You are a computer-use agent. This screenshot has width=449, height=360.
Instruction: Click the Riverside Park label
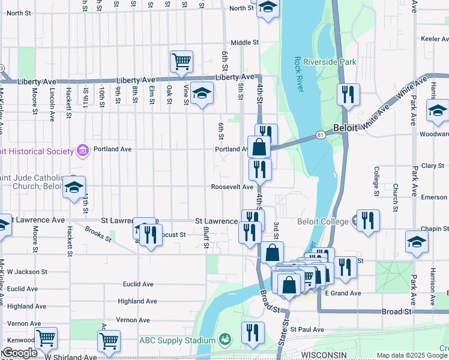(x=330, y=62)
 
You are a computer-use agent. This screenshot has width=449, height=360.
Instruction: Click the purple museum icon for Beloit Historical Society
(x=82, y=149)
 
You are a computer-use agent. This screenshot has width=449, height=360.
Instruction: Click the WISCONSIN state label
(x=325, y=355)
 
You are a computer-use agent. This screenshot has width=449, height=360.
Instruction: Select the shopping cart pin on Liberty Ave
(x=181, y=61)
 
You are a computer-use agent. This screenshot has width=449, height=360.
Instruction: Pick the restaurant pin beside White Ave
(x=348, y=95)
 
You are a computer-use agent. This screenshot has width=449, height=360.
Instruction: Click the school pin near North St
(x=268, y=8)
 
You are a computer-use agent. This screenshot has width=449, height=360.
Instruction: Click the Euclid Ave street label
(x=139, y=284)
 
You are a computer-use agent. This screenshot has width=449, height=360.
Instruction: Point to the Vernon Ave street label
(x=133, y=320)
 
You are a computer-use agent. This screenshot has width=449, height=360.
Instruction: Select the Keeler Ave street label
(x=435, y=38)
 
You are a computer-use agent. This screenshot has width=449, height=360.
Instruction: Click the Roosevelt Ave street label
(x=232, y=187)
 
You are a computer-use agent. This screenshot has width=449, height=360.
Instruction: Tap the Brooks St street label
(x=98, y=233)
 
